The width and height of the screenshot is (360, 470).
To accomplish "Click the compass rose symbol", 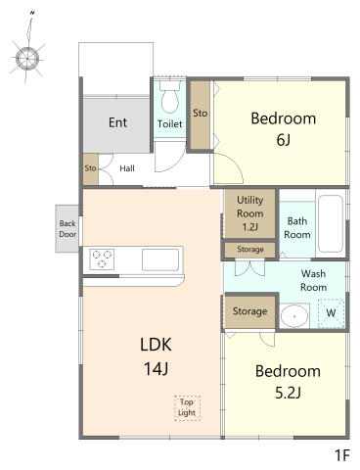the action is click(x=27, y=59).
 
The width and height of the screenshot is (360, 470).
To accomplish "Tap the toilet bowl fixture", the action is click(x=170, y=97).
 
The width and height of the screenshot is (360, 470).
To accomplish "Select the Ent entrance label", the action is click(x=117, y=122).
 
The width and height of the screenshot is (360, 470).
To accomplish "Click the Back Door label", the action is click(x=67, y=229).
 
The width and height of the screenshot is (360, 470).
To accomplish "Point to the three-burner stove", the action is click(x=102, y=259).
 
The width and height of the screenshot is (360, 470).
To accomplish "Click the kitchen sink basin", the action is click(x=160, y=259).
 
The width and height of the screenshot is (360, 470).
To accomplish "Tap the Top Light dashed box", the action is click(x=187, y=407).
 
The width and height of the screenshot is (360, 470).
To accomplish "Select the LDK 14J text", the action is click(x=156, y=356).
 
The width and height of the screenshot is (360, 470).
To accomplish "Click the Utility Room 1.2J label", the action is click(x=249, y=213).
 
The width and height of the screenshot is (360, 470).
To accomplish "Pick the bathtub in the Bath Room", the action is click(x=331, y=223).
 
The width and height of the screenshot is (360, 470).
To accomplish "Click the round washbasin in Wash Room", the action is click(x=294, y=316).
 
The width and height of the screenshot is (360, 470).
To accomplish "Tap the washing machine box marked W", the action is click(x=331, y=313).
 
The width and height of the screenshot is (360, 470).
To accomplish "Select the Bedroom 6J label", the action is click(x=284, y=128).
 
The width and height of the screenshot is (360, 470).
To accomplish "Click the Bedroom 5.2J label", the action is click(x=288, y=382).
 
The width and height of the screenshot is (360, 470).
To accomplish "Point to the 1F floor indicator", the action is click(x=342, y=455).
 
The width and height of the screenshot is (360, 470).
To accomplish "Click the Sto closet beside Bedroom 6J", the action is click(x=200, y=116).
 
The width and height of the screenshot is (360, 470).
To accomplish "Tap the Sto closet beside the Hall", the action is click(x=90, y=168).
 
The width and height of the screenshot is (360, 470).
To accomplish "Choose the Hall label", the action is click(x=127, y=168).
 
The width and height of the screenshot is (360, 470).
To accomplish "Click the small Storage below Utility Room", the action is click(x=249, y=250).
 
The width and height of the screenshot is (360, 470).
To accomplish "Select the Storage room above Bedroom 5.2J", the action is click(x=249, y=311).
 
